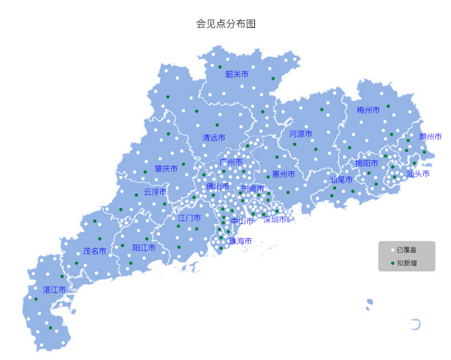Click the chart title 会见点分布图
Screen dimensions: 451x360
[225, 24]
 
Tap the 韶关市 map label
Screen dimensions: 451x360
[237, 74]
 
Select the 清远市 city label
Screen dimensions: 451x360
[213, 138]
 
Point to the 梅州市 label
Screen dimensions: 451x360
[368, 110]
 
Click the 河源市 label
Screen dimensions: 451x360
[301, 134]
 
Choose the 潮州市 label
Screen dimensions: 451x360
[430, 137]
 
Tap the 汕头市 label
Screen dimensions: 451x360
[418, 174]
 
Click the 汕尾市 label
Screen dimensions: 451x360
[341, 180]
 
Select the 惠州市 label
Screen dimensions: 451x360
[283, 174]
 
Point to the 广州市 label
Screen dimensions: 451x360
[231, 162]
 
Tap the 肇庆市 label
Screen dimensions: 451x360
[166, 169]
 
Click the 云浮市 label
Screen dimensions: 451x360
[155, 192]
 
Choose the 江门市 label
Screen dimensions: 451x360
[189, 218]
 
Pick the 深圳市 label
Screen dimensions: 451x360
[275, 219]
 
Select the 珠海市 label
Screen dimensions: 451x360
[241, 241]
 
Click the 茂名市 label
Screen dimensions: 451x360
[95, 251]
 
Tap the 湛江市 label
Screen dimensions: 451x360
[54, 289]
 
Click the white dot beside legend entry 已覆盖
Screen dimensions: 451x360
[392, 249]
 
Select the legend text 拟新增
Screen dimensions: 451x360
[407, 262]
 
